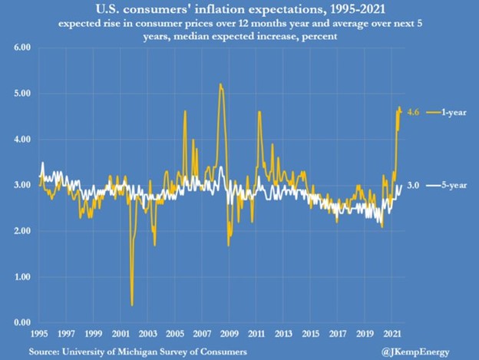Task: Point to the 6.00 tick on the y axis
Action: [21, 48]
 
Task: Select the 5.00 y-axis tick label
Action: [21, 94]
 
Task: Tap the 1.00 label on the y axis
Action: [21, 277]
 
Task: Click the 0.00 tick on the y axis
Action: [21, 322]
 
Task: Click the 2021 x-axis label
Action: [394, 335]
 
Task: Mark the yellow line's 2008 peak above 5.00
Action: [220, 84]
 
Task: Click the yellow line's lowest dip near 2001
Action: [132, 305]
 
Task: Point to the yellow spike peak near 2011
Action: [259, 112]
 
